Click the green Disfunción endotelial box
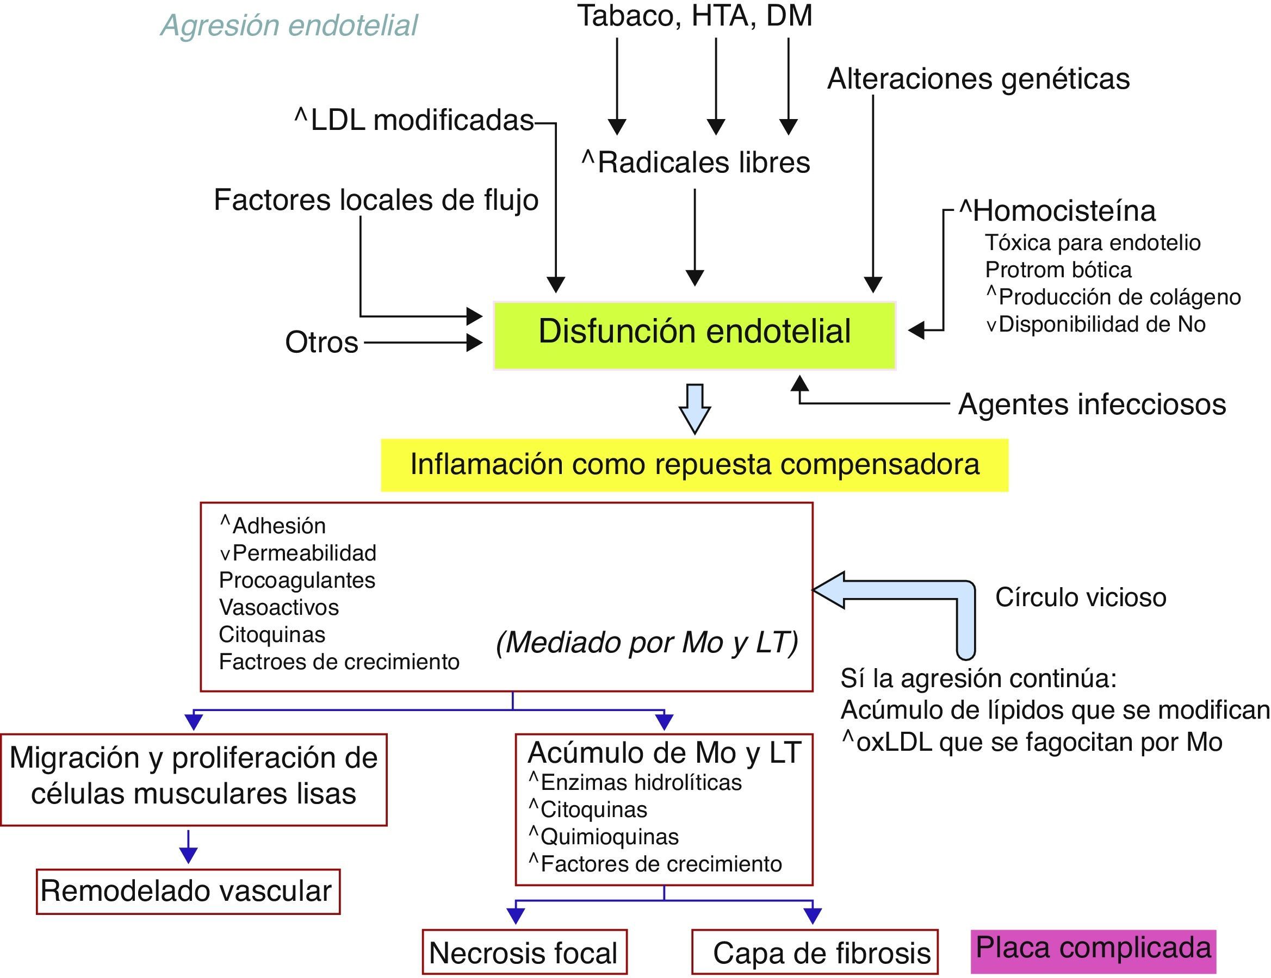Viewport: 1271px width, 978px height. coord(694,335)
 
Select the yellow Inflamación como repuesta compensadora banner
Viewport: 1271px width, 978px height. coord(695,465)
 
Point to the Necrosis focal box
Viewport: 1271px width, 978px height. coord(524,952)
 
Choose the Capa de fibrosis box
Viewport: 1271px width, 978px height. coord(815,952)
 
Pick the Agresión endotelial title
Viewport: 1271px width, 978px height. coord(289,26)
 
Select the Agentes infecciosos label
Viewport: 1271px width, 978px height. coord(1092,404)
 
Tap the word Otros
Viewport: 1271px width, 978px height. coord(321,342)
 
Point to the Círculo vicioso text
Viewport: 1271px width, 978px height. coord(1081,597)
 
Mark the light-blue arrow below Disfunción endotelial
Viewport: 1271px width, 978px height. coord(695,408)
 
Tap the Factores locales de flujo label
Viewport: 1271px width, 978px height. coord(376,200)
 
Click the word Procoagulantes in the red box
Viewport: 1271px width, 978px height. coord(297,580)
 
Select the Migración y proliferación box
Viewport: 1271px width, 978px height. coord(193,778)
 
